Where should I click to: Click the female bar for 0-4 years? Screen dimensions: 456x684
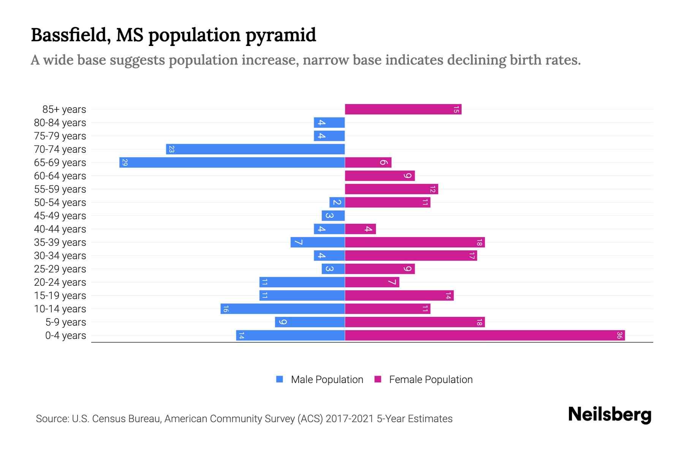[484, 336]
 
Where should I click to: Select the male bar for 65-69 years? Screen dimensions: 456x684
[232, 163]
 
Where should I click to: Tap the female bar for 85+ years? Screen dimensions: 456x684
[403, 109]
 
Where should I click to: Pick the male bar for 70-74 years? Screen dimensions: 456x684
[255, 149]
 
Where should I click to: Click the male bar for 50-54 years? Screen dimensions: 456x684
[337, 203]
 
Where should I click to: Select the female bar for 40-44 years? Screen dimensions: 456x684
[360, 229]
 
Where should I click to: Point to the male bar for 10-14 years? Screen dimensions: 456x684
[282, 309]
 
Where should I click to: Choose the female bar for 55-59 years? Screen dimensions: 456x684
[391, 189]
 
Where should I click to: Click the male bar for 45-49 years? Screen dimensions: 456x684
[333, 216]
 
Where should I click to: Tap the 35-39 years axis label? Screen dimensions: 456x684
[60, 242]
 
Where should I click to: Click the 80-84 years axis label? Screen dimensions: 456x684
[60, 123]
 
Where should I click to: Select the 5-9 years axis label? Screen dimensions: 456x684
[66, 322]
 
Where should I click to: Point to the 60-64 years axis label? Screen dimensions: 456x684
[60, 176]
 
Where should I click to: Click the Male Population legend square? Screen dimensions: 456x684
[280, 379]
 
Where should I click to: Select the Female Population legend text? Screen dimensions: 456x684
[431, 380]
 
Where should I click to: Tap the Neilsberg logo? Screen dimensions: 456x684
[610, 415]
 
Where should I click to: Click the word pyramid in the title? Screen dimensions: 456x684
[280, 35]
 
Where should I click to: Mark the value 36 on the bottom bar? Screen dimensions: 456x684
[619, 336]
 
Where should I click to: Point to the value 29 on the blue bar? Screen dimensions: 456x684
[125, 163]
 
